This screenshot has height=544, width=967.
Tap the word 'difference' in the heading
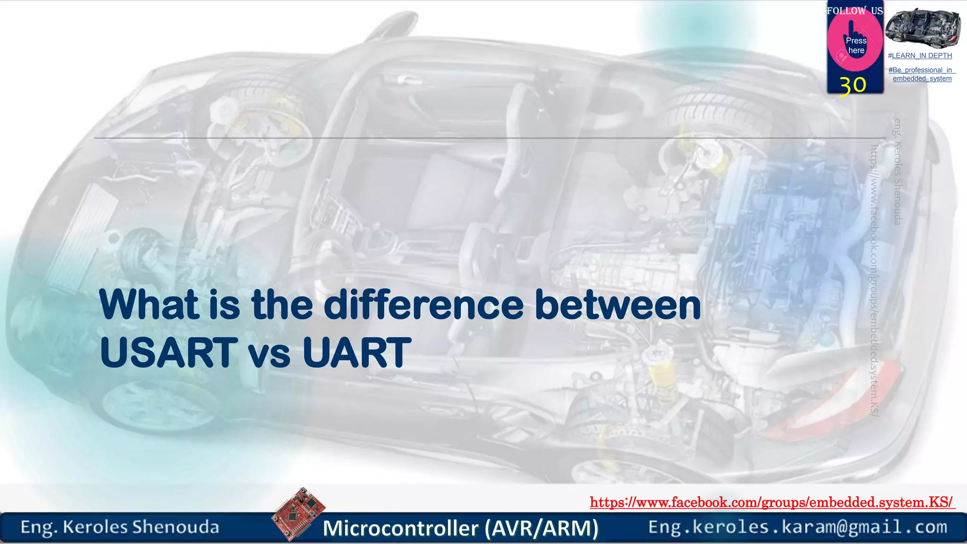[x=424, y=305]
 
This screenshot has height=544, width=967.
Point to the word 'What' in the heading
[x=149, y=305]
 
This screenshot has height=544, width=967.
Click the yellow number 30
[x=853, y=85]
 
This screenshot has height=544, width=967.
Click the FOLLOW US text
[x=855, y=10]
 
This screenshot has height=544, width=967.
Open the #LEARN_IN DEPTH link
[x=920, y=56]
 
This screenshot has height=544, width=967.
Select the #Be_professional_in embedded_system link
[x=922, y=74]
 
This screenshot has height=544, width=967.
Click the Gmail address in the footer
[x=797, y=527]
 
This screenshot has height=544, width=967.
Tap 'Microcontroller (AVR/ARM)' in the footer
[x=460, y=528]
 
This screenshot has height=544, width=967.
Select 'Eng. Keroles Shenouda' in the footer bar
[x=120, y=527]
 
